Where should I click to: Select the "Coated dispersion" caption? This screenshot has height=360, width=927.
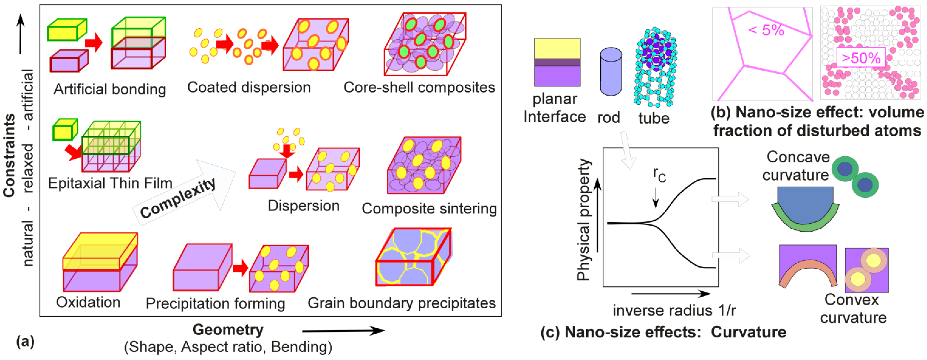(249, 88)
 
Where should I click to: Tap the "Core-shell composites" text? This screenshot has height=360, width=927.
(419, 88)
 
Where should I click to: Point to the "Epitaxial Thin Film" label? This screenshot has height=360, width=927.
(110, 183)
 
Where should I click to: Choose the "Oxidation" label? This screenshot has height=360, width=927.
(88, 302)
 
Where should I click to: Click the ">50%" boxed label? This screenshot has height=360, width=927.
(861, 58)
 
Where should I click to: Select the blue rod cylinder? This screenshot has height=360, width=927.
(611, 72)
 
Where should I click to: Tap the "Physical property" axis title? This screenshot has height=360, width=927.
(583, 220)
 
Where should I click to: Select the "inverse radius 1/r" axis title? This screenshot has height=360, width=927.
(674, 310)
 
